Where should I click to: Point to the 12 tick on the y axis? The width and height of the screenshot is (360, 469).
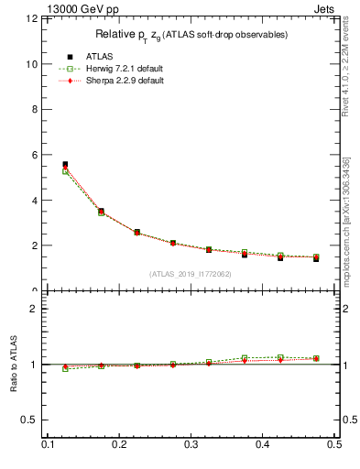click(x=31, y=19)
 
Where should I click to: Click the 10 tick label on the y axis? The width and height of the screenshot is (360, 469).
click(x=31, y=64)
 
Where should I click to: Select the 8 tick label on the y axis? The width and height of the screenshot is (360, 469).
click(x=34, y=110)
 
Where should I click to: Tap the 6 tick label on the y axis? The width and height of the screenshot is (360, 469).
click(x=34, y=155)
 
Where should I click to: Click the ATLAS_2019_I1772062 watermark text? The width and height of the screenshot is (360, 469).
click(x=190, y=274)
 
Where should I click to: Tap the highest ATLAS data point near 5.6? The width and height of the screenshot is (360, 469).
click(x=65, y=165)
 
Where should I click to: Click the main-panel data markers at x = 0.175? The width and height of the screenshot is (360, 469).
click(x=101, y=212)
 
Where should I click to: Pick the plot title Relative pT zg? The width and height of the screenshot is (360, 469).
click(x=191, y=35)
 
